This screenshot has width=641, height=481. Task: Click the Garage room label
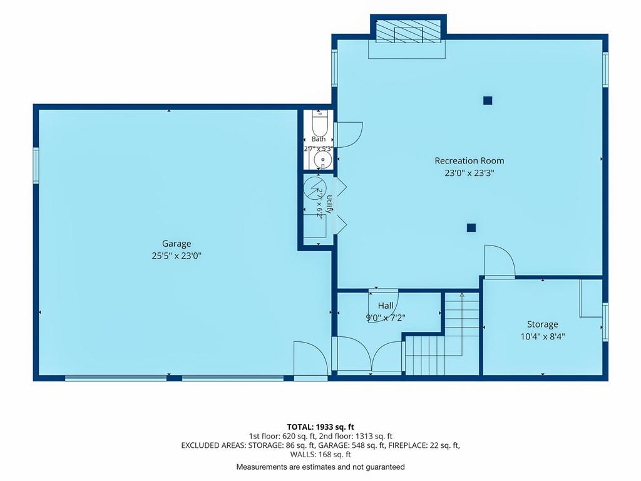click(x=177, y=244)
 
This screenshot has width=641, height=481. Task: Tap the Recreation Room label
click(x=469, y=161)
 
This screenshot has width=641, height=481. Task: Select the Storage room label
click(x=543, y=324)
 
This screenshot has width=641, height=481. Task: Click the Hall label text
click(x=386, y=306)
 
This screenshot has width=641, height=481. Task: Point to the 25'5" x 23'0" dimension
click(x=177, y=256)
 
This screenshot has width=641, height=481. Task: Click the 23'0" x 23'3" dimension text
click(x=469, y=173)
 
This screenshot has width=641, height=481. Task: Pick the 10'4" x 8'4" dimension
click(x=543, y=336)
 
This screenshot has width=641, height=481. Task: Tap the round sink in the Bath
click(x=323, y=160)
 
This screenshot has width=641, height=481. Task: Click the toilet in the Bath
click(x=319, y=122)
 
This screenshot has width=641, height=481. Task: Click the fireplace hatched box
click(x=408, y=31)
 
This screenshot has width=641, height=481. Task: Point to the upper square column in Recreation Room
click(x=487, y=100)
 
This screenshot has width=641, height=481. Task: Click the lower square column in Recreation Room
click(x=471, y=228)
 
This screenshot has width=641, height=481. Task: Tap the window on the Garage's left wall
click(x=36, y=165)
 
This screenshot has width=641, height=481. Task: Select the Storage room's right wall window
click(x=605, y=322)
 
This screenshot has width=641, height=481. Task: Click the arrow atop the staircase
click(x=462, y=296)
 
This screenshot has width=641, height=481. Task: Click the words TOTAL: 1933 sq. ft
click(x=320, y=427)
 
